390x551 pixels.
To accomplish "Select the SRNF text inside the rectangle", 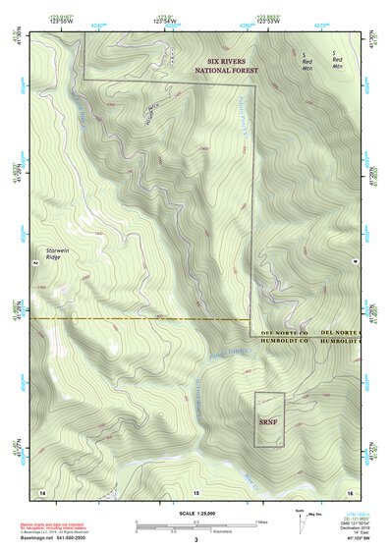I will point(268,422).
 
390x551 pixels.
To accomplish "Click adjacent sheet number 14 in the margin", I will point(42,491).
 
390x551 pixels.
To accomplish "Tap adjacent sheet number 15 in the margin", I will point(195,491).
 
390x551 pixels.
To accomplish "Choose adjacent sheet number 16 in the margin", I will point(349,491).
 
